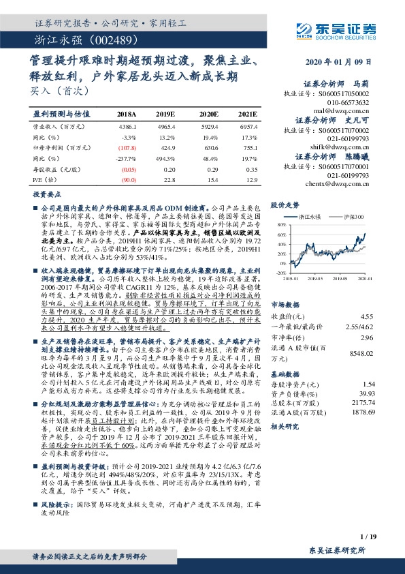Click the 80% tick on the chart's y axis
280,223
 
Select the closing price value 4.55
366,297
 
